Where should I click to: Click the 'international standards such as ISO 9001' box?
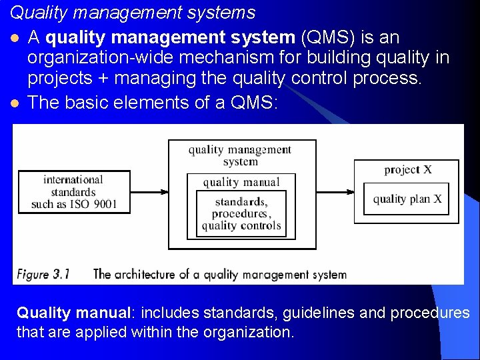pyautogui.click(x=74, y=192)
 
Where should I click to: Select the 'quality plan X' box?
pyautogui.click(x=407, y=199)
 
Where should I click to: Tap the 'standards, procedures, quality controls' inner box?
pyautogui.click(x=241, y=213)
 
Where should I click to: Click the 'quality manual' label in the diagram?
pyautogui.click(x=241, y=182)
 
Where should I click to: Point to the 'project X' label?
pyautogui.click(x=407, y=169)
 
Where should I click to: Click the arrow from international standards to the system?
pyautogui.click(x=149, y=192)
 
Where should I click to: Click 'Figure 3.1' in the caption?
pyautogui.click(x=43, y=274)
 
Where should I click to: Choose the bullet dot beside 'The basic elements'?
pyautogui.click(x=15, y=103)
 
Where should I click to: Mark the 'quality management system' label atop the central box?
pyautogui.click(x=240, y=155)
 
